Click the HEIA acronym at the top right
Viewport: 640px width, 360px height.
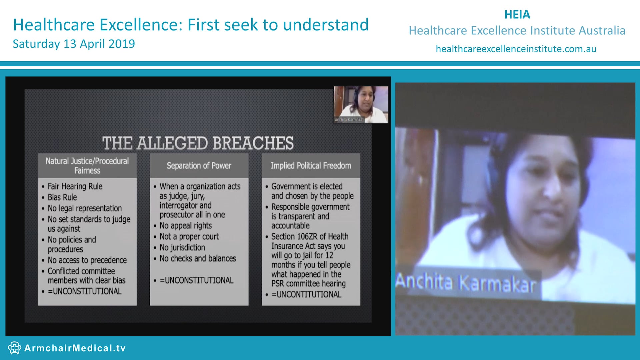(517, 15)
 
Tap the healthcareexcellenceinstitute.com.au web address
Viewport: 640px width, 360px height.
(516, 49)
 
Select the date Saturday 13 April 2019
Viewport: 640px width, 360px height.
(74, 44)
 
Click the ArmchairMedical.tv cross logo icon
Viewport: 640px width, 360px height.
(14, 348)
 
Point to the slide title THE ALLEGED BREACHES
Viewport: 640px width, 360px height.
(198, 143)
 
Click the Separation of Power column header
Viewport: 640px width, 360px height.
(199, 166)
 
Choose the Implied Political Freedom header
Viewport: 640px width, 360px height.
(311, 166)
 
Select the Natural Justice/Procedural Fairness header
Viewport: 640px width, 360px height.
(87, 166)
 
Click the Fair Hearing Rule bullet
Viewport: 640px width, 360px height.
(75, 186)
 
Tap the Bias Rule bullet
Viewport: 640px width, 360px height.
(62, 197)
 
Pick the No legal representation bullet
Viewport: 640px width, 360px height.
(85, 208)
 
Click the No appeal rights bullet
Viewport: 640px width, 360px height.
(186, 226)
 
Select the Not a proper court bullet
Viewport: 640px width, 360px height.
(189, 237)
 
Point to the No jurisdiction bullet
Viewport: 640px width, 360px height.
(182, 248)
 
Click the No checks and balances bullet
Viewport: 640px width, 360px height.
(198, 259)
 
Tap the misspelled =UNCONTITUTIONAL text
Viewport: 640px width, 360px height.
(306, 295)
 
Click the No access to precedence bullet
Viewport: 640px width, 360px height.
(87, 260)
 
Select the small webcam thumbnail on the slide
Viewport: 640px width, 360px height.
(361, 104)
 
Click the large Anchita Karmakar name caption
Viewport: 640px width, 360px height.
(466, 283)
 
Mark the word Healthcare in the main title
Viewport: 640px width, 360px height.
(54, 25)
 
